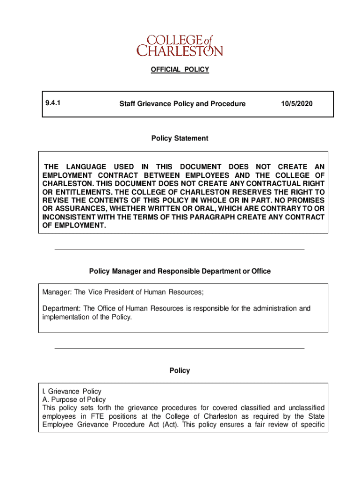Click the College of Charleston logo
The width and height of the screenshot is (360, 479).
coord(180,45)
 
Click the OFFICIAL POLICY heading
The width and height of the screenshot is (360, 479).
coord(180,70)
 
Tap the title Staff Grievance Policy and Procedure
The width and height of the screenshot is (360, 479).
coord(182,104)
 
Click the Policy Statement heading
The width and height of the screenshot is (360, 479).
coord(180,138)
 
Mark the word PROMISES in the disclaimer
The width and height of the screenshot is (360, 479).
coord(305,201)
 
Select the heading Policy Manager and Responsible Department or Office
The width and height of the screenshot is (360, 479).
coord(180,271)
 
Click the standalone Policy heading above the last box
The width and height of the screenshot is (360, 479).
coord(180,370)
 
